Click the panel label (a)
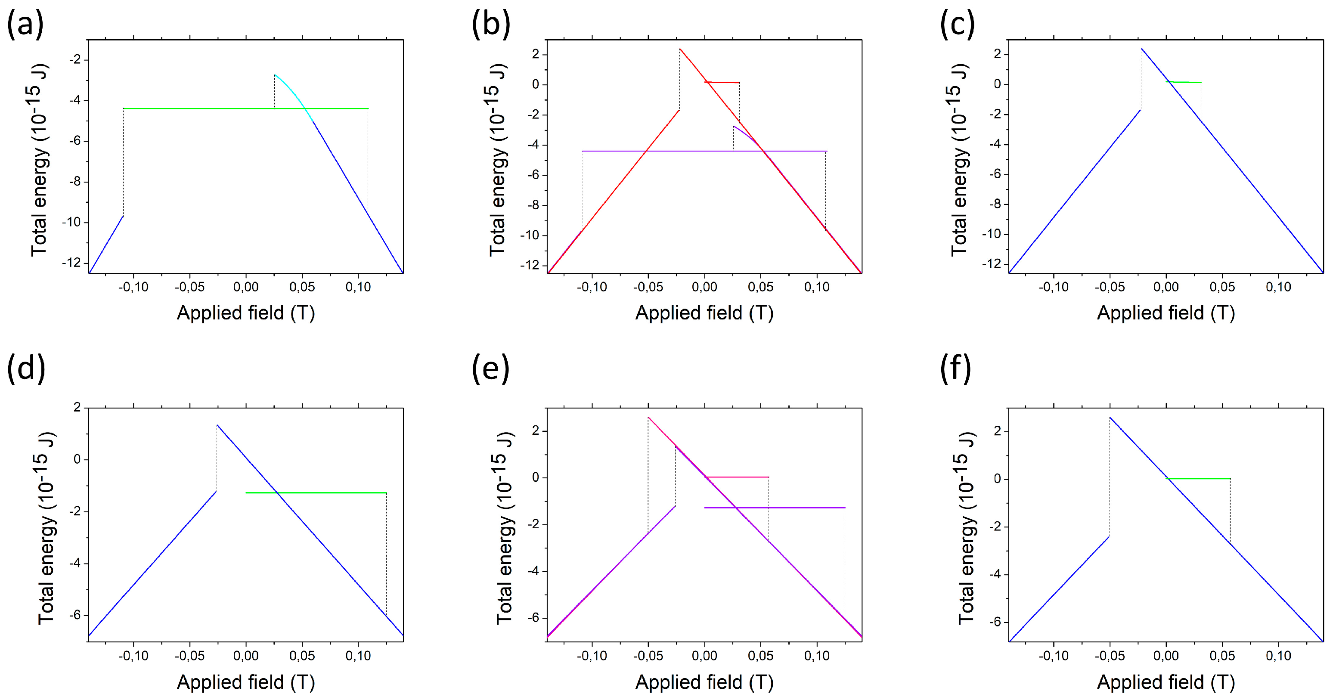[x=25, y=25]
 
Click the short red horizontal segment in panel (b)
[x=722, y=82]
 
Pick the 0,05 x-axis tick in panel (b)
[x=760, y=287]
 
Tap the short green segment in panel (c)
[x=1184, y=82]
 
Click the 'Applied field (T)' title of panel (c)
[x=1166, y=313]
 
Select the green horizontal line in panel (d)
[x=316, y=492]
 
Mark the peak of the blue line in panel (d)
[x=217, y=425]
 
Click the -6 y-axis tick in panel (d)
[x=77, y=615]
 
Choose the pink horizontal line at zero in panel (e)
[x=737, y=477]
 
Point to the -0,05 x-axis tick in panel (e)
[x=648, y=656]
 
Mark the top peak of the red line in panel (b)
[x=680, y=49]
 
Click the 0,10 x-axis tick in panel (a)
[x=358, y=287]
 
